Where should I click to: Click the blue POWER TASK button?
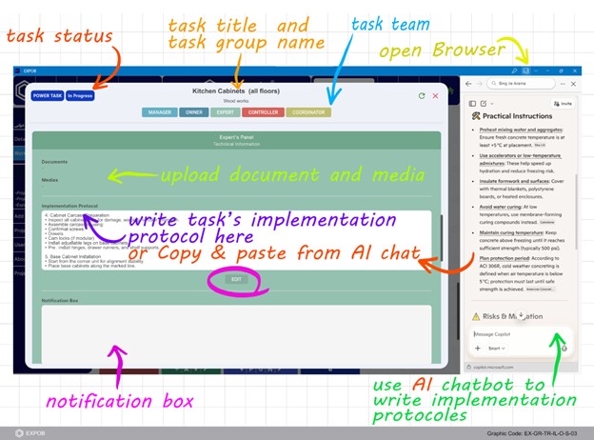click(47, 96)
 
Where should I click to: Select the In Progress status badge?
click(80, 96)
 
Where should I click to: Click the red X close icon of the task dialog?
click(436, 96)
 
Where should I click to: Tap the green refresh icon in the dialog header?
click(422, 96)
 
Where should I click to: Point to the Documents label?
click(54, 162)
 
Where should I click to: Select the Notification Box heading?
click(62, 300)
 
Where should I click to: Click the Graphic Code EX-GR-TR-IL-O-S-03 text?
click(536, 431)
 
